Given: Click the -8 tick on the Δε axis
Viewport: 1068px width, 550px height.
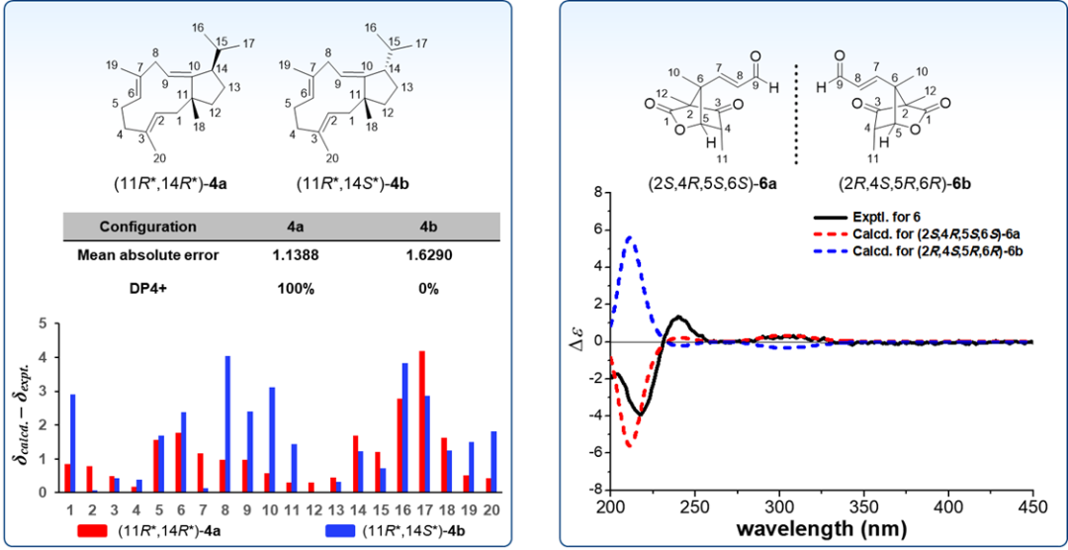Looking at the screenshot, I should click(x=597, y=490).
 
